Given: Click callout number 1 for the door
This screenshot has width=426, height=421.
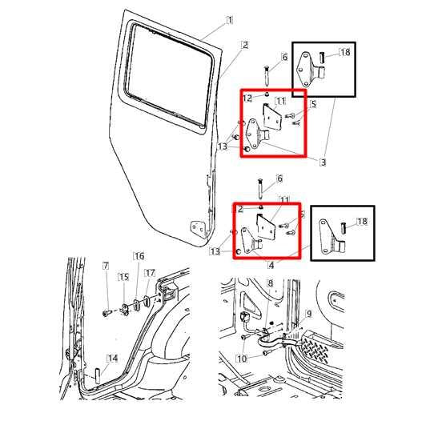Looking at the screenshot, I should pos(231,19).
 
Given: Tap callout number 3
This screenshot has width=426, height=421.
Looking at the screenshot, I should pos(323,162).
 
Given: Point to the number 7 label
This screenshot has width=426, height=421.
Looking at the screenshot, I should pos(105,265).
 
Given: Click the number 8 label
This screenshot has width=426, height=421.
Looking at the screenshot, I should pos(270,283).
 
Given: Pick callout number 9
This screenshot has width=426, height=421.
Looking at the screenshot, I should pos(309,314).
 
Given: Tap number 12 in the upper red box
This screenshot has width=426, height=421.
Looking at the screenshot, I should pos(247,98).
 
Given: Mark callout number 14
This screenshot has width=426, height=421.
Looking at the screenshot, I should pos(113,358).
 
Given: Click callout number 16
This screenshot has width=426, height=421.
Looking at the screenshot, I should pos(139,256).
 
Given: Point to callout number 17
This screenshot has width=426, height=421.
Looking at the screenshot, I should pos(150,273).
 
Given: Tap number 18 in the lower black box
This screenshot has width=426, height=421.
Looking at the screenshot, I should pos(362,221).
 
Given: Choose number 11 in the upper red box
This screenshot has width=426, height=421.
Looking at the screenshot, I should pos(281,101).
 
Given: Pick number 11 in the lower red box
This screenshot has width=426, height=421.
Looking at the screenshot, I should pos(283,198).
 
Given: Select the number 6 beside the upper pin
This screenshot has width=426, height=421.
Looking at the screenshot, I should pos(283,58).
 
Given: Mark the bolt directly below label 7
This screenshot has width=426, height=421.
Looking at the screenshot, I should pos(106,313).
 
